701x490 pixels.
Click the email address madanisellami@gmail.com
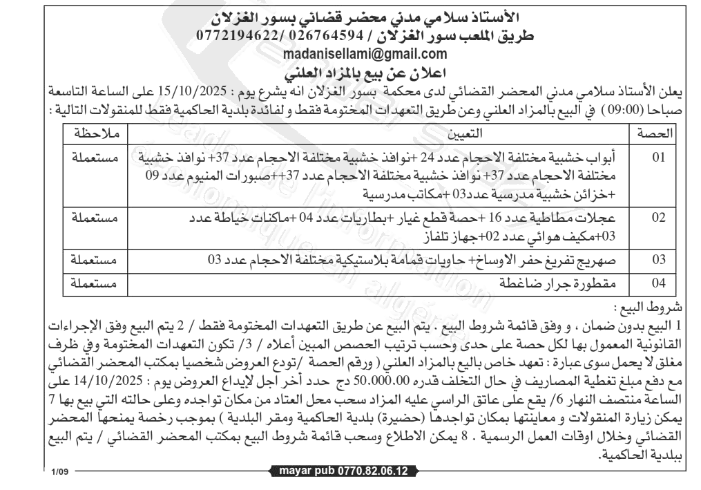pos(350,55)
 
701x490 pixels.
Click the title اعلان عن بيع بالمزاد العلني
pos(350,71)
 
